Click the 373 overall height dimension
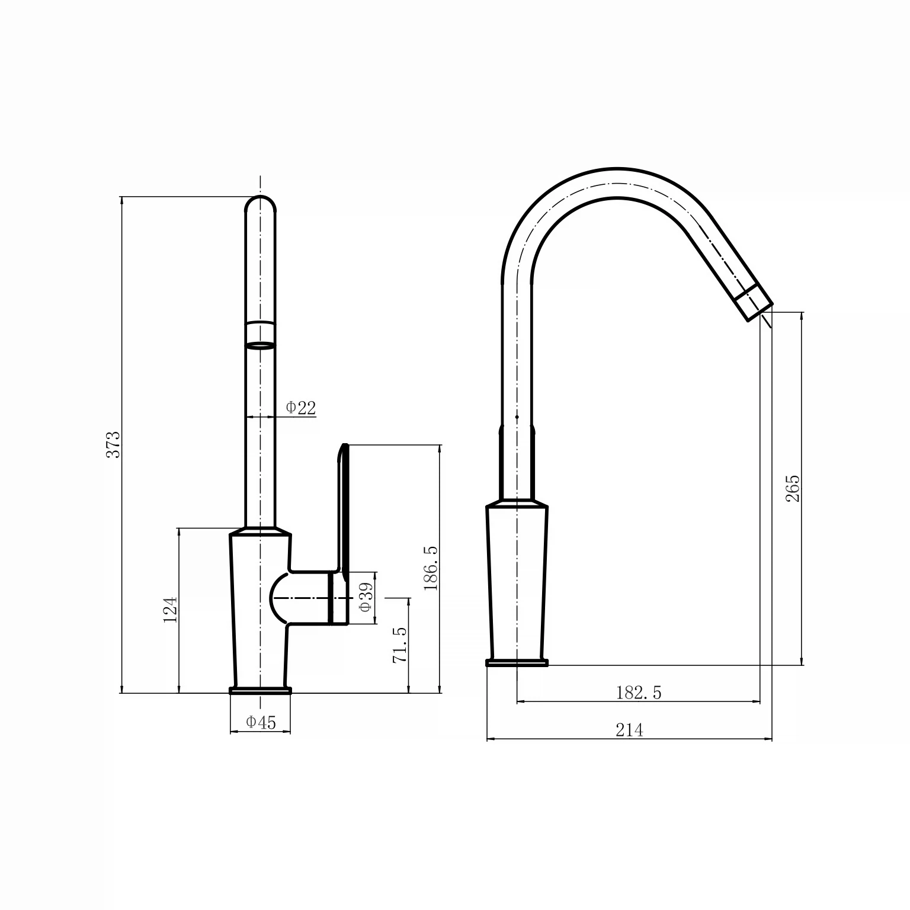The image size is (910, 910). click(x=113, y=444)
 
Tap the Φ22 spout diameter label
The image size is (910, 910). click(x=301, y=408)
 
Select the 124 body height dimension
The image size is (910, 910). click(x=171, y=610)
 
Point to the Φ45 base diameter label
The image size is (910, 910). click(x=261, y=722)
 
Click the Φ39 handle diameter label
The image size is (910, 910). click(x=366, y=598)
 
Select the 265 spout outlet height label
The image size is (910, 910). click(x=793, y=488)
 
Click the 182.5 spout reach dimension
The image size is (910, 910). click(x=639, y=692)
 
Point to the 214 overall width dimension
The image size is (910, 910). click(x=629, y=730)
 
